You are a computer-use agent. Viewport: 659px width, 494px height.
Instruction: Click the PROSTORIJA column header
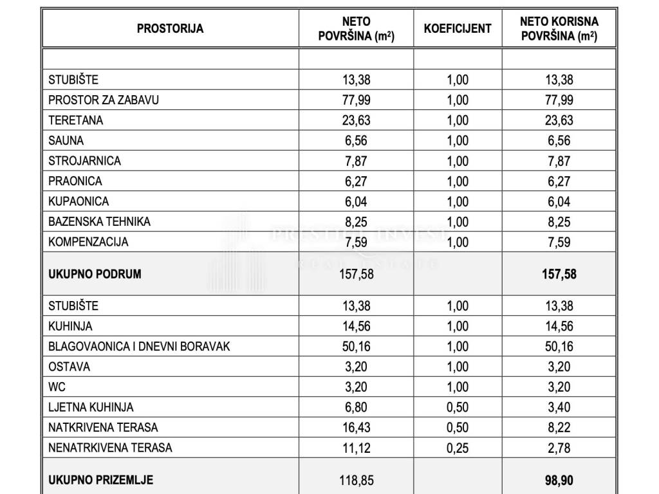tap(170, 28)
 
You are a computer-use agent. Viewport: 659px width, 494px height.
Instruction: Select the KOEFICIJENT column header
tap(458, 28)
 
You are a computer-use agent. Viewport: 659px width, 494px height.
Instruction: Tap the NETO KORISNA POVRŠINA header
tap(559, 29)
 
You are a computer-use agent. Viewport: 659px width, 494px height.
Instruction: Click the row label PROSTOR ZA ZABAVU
tap(103, 100)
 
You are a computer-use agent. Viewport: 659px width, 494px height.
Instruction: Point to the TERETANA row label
tap(75, 120)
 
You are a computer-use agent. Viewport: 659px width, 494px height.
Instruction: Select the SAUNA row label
tap(66, 140)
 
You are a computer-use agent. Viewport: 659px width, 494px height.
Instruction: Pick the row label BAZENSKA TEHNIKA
tap(99, 222)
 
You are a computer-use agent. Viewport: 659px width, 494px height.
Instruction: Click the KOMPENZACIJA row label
tap(88, 242)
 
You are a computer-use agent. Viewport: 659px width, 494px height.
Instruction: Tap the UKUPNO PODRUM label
tap(95, 274)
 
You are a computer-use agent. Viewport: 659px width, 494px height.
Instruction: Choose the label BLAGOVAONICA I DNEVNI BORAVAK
tap(139, 347)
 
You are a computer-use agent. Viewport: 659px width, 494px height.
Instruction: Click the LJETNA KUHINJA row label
tap(91, 407)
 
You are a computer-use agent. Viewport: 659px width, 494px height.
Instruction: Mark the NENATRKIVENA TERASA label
tap(110, 448)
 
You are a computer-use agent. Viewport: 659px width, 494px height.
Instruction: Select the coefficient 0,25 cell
tap(458, 448)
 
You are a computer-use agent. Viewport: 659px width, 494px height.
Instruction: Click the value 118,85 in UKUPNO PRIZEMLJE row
tap(356, 480)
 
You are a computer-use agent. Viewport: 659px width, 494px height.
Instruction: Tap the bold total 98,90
tap(559, 480)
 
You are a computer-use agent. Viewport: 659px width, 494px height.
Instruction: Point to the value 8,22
tap(559, 428)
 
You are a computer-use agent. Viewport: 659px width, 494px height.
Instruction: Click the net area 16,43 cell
tap(356, 428)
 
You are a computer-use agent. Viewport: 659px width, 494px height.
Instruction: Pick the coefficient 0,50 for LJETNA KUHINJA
tap(458, 407)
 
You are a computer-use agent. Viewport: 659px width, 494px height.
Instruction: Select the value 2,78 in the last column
tap(559, 448)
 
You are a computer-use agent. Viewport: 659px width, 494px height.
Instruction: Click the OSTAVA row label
tap(69, 367)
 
